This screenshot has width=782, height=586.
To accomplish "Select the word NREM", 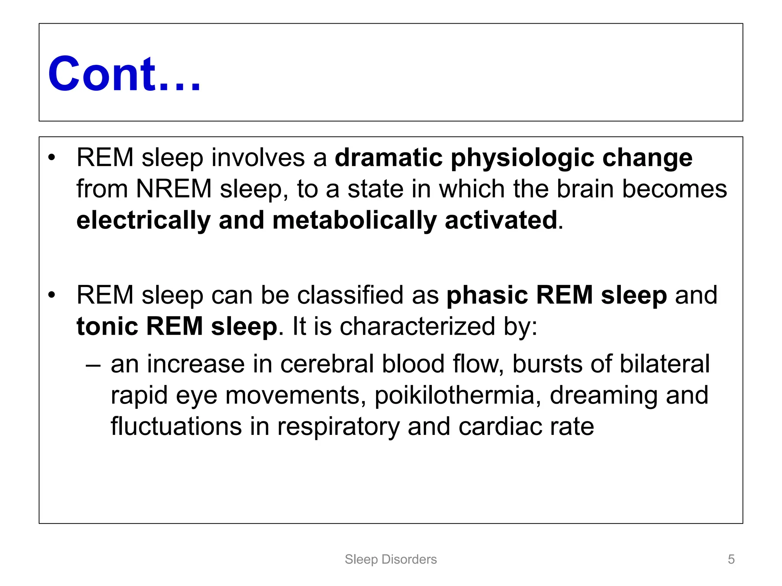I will click(x=174, y=189).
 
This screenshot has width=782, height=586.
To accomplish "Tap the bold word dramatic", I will click(x=389, y=158).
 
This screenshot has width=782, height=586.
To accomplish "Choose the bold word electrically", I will click(x=143, y=221).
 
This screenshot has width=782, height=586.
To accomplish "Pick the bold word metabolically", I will click(x=354, y=221).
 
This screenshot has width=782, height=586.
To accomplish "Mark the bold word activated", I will click(x=501, y=220).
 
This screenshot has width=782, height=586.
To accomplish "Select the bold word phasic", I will click(x=487, y=295).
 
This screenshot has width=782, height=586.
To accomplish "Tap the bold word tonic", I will click(x=107, y=326).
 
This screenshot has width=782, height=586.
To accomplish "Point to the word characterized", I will click(x=417, y=326).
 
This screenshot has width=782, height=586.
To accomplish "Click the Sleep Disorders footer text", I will click(x=391, y=559).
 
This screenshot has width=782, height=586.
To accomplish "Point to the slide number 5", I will click(x=731, y=559).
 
